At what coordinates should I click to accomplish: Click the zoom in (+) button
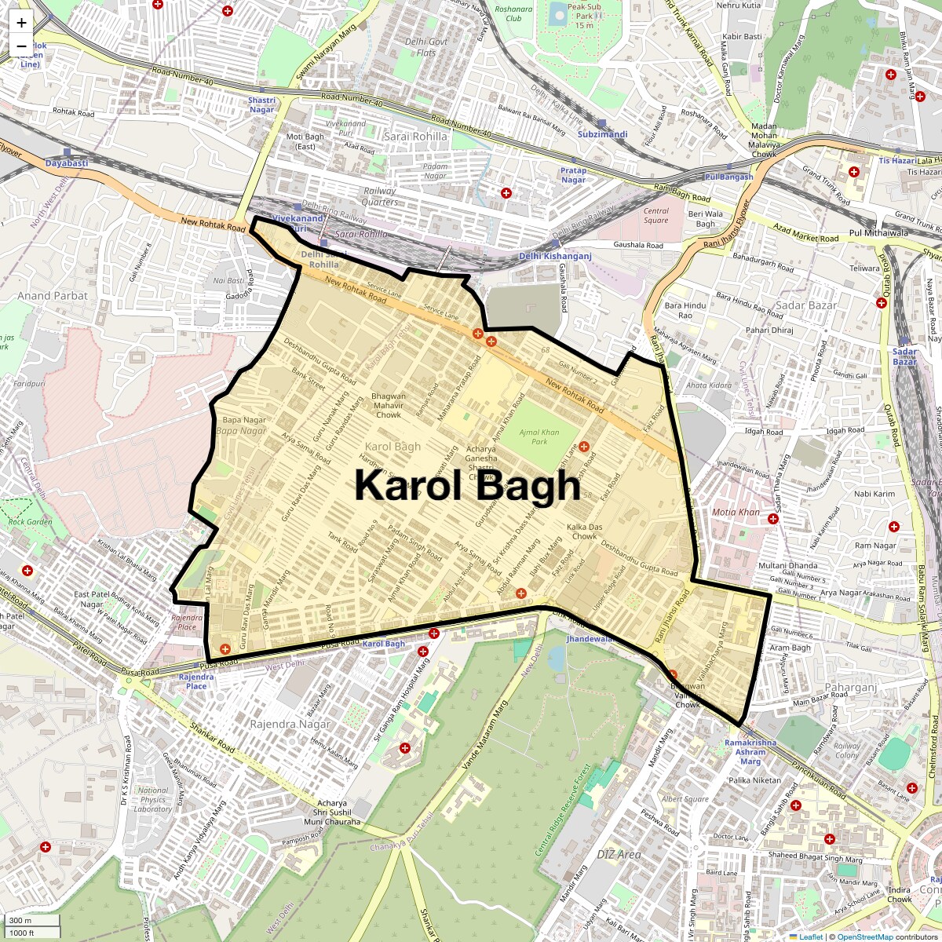21,23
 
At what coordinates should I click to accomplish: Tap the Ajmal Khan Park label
539,437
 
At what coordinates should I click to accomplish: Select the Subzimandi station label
602,134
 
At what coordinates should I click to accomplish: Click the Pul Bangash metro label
728,177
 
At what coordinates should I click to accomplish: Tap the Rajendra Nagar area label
290,724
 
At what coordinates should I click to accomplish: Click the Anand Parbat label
53,296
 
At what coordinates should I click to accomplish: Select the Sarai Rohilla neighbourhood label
415,137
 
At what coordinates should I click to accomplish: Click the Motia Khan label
736,513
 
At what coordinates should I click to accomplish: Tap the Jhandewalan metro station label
589,639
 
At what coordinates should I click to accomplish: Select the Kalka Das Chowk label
584,531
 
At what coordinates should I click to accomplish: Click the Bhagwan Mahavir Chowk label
389,405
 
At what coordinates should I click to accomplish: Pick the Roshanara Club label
513,14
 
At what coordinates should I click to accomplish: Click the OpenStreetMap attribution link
864,937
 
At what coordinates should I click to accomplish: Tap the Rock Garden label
30,521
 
